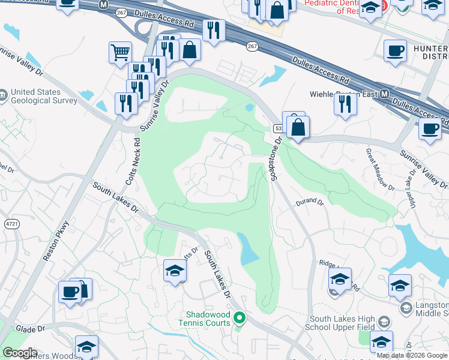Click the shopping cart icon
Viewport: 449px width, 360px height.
(x=120, y=52)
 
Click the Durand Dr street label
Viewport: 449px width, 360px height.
(x=310, y=203)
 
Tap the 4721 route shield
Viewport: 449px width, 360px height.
(x=11, y=224)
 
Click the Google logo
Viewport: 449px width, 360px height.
(x=20, y=353)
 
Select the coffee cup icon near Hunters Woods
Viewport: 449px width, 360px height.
(x=70, y=292)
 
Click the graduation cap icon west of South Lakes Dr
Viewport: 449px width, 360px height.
(x=175, y=270)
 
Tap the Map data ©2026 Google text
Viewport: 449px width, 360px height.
(x=412, y=355)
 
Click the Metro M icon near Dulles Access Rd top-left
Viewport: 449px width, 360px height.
(x=104, y=4)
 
